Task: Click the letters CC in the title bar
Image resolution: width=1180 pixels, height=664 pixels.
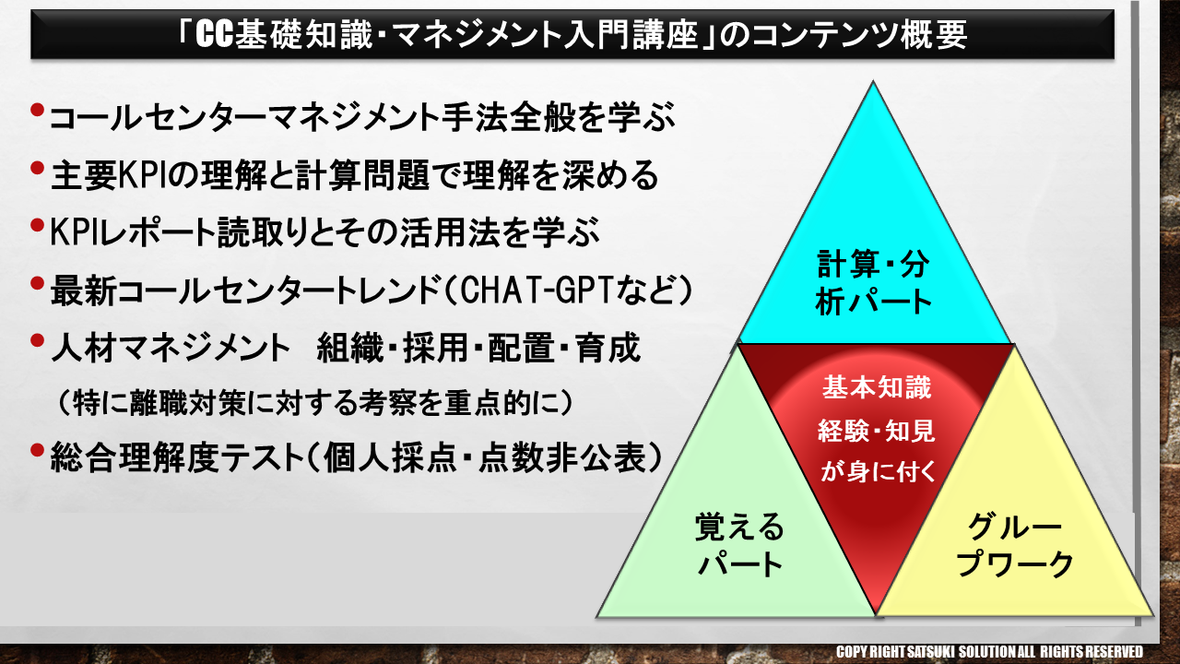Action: click(x=214, y=35)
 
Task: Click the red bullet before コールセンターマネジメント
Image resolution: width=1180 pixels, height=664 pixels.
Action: click(x=37, y=110)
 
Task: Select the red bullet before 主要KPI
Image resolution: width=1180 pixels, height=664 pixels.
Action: click(x=37, y=168)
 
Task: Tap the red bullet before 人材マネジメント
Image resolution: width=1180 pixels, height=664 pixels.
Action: click(x=37, y=340)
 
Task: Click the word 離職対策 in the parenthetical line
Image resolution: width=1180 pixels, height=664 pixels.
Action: click(x=187, y=403)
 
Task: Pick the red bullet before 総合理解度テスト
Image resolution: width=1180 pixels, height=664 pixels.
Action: click(x=37, y=450)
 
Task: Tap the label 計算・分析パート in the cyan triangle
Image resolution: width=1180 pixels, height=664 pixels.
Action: click(x=873, y=282)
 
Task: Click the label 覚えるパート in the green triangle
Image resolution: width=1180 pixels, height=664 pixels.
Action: click(x=739, y=545)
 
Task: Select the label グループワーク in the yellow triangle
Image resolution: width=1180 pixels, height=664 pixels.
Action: click(x=1015, y=545)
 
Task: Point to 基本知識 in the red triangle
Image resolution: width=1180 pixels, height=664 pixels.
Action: click(x=877, y=388)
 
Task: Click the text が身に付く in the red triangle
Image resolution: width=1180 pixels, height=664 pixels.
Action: click(x=877, y=470)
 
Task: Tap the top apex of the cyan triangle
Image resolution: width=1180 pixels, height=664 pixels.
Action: click(x=873, y=81)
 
